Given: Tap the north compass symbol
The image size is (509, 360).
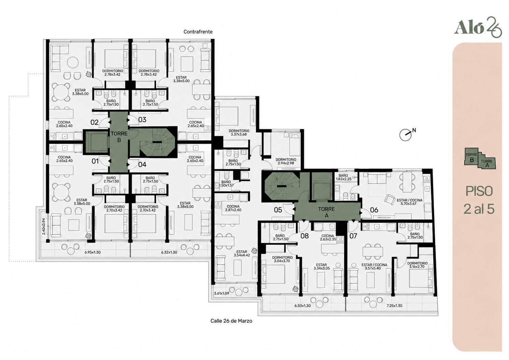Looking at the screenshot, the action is click(406, 134).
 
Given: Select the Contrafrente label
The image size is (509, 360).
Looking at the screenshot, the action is click(198, 32).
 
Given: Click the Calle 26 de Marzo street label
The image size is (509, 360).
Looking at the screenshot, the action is click(231, 321).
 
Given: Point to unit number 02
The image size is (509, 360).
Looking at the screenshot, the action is click(94, 123).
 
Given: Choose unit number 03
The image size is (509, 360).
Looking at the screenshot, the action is click(142, 120).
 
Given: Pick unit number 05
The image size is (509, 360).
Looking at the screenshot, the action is click(278, 210).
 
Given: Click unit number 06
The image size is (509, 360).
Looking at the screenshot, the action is click(374, 210).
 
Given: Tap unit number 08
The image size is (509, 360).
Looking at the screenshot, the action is click(305, 236).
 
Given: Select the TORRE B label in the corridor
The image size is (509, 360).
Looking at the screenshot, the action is click(119, 137).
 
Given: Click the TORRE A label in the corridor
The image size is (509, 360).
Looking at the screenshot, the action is click(327, 212).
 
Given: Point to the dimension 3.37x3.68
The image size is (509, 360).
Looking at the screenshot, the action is click(239, 134).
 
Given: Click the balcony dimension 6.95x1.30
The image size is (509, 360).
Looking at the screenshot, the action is click(93, 252).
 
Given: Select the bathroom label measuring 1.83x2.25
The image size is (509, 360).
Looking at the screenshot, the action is click(343, 177).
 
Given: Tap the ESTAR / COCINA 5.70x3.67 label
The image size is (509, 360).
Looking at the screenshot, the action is click(409, 202).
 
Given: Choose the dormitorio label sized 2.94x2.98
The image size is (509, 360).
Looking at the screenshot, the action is click(286, 161).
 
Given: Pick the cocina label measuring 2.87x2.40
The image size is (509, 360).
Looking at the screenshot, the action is click(233, 208).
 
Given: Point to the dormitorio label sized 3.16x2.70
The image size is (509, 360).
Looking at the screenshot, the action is click(418, 265).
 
